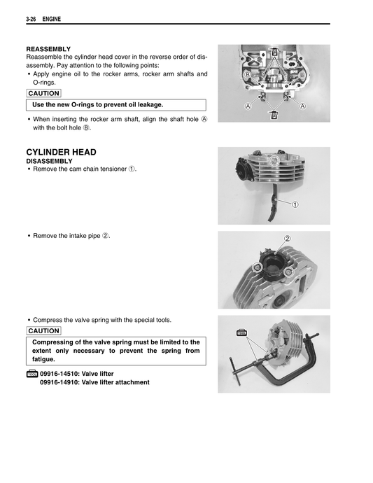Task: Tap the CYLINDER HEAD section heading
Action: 61,152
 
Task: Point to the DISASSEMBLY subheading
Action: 50,160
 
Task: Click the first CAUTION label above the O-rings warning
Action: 43,93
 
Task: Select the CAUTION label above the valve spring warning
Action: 43,330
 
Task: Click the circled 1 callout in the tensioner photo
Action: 295,204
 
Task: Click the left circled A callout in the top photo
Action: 248,106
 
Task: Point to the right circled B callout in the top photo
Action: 301,74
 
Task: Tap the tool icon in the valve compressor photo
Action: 243,334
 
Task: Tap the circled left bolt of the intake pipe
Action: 258,268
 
